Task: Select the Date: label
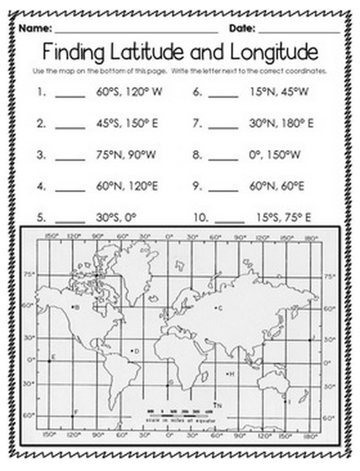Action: pos(242,28)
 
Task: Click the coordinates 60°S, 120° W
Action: pos(129,92)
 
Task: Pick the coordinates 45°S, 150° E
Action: pos(127,124)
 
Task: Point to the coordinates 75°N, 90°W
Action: pos(127,155)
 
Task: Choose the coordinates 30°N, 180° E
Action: pos(281,124)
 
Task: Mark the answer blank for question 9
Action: pos(224,189)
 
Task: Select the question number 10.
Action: pos(200,218)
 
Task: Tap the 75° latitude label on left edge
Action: pos(29,274)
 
